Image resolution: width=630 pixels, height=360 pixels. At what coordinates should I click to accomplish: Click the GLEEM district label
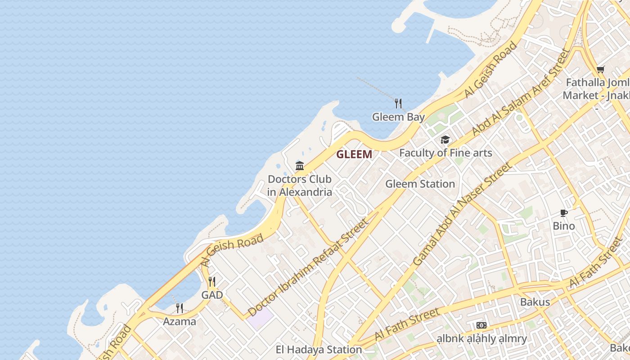coord(354,154)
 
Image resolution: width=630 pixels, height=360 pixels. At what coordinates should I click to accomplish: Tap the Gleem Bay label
coord(398,117)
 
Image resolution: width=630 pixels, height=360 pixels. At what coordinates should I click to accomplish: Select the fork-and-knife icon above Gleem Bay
coord(398,103)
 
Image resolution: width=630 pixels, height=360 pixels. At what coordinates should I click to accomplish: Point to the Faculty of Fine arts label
coord(445,153)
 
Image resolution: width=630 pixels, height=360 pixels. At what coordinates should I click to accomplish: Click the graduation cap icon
coord(445,139)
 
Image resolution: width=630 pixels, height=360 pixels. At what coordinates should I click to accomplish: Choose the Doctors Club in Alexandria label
coord(300,185)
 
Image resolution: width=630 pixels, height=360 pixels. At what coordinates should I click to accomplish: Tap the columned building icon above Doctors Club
coord(300,166)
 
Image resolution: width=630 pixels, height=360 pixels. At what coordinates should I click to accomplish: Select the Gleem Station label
coord(420,184)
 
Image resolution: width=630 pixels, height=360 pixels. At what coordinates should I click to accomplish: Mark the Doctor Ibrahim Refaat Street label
coord(308,268)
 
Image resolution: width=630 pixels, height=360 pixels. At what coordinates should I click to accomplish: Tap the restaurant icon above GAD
coord(212,282)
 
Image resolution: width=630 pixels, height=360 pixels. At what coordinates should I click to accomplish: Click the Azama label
coord(179,321)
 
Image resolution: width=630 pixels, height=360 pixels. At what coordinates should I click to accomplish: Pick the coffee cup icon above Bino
coord(564,213)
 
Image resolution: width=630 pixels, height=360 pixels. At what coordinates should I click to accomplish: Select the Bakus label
coord(535,301)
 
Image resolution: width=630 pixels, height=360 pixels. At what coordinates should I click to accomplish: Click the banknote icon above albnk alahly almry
coord(481,325)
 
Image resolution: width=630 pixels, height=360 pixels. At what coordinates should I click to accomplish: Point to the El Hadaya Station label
coord(319,349)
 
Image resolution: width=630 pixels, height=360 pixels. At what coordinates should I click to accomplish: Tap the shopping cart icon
coord(600,70)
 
